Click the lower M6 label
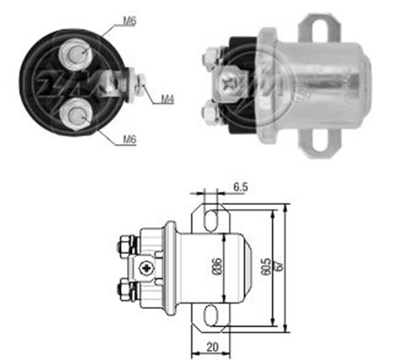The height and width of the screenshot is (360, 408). [x=130, y=140]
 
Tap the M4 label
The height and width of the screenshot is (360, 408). [x=167, y=100]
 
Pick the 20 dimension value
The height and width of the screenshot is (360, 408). [x=213, y=347]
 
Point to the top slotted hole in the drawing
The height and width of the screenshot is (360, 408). [x=213, y=219]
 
